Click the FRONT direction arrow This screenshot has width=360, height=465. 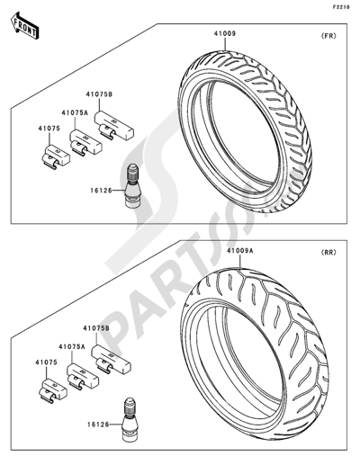click(24, 25)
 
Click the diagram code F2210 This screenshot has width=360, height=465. click(341, 7)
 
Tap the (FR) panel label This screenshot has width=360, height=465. click(328, 36)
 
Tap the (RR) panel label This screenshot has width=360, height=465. click(328, 252)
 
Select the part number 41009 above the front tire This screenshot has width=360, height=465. click(225, 33)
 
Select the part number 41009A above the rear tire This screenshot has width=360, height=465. click(239, 250)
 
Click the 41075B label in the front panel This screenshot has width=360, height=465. click(99, 94)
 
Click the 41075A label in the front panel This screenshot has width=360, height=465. click(75, 112)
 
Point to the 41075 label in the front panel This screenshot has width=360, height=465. click(49, 129)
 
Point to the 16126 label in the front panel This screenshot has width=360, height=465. click(101, 190)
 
